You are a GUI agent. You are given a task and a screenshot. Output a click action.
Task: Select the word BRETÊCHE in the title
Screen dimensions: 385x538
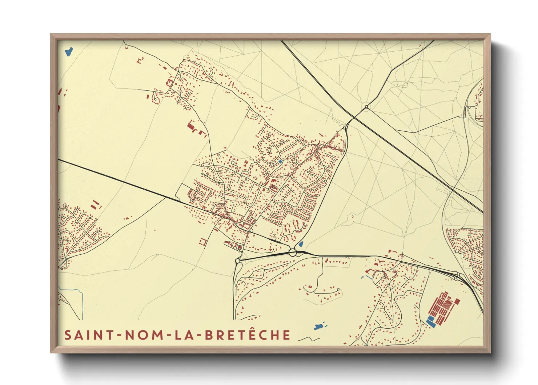point(248,335)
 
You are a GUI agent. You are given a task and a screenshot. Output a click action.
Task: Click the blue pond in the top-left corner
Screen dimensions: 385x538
point(69,51)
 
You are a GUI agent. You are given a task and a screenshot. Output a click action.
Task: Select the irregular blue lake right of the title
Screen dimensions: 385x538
point(319,326)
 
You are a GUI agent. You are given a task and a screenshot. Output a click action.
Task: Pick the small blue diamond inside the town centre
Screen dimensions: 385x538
point(280,161)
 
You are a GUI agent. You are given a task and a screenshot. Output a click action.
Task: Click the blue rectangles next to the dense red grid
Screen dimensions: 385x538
point(431,321)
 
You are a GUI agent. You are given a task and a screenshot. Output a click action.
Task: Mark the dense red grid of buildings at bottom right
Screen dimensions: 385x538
point(442,308)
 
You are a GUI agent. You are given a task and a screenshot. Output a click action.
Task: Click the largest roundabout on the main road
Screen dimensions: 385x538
point(293,252)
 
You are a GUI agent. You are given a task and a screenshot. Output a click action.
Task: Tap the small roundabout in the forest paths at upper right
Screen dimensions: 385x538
point(366,107)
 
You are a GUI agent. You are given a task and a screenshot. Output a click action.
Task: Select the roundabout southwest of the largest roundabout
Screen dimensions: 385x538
point(238,261)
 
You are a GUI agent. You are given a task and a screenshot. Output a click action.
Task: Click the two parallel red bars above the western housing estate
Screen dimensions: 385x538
point(95,204)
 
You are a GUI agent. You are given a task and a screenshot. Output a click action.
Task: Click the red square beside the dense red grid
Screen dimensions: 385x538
point(457,301)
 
